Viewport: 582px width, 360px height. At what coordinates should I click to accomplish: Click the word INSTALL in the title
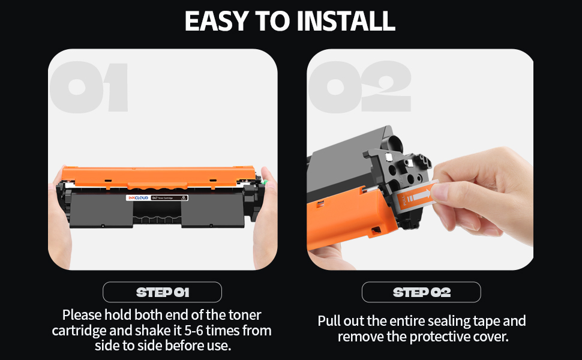(x=346, y=21)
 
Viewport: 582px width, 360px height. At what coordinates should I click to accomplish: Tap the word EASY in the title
(x=216, y=21)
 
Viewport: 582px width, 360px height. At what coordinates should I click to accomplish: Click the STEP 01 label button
(x=162, y=292)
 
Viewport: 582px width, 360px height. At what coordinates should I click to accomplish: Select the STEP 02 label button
(x=421, y=292)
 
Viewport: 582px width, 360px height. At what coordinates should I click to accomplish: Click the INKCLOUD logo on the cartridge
(x=138, y=198)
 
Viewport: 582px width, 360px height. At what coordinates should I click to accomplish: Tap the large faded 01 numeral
(x=89, y=87)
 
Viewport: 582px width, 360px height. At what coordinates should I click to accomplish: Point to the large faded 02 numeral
(x=359, y=86)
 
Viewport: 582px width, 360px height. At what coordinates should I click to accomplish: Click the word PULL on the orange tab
(x=404, y=200)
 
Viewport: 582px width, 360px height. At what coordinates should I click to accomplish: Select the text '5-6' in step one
(x=194, y=331)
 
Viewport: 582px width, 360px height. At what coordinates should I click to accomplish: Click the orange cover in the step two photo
(x=345, y=217)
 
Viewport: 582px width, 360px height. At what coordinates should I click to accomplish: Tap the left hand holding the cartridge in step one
(x=59, y=219)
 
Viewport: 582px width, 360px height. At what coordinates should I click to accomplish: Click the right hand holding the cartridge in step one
(x=265, y=219)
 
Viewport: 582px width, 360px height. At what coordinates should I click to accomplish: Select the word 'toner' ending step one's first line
(x=245, y=315)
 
